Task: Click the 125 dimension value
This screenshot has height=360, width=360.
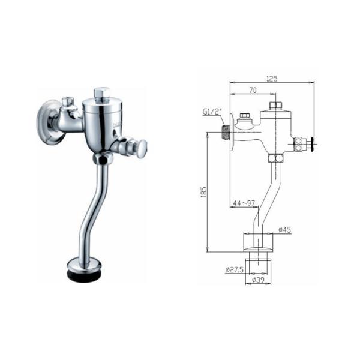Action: pos(271,79)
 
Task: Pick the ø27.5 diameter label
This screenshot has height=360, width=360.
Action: pos(235,271)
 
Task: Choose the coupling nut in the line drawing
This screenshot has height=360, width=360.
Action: pos(277,158)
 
